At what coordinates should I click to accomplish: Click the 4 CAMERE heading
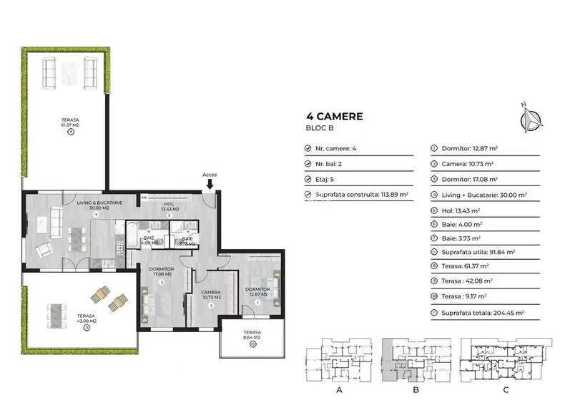[x=335, y=116]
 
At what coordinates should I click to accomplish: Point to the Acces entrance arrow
[x=210, y=184]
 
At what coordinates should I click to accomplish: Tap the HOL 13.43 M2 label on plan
[x=170, y=206]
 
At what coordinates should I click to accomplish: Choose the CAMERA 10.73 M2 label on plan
[x=211, y=296]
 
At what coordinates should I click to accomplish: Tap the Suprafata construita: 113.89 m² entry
[x=362, y=194]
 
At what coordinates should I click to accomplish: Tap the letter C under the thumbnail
[x=506, y=389]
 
